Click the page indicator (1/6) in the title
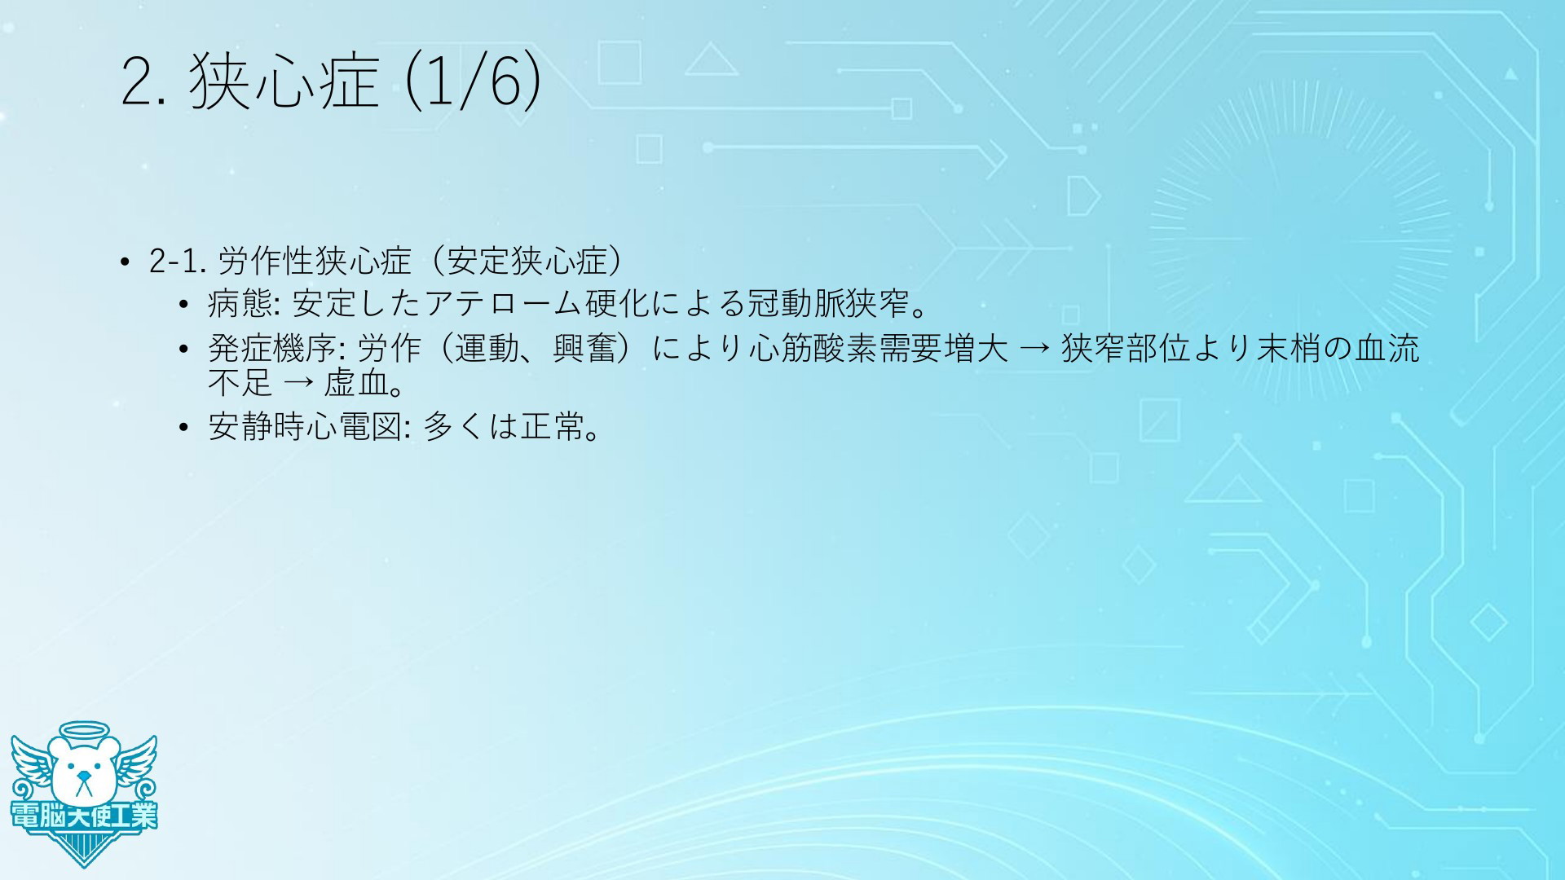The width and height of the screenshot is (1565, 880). click(x=473, y=81)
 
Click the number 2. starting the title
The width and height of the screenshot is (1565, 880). click(x=143, y=83)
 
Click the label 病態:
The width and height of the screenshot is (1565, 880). click(x=244, y=304)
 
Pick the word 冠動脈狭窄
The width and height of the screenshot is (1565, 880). click(x=828, y=304)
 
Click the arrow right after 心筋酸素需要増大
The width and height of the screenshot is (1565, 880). click(x=1034, y=350)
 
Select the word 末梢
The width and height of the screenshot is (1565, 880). click(x=1288, y=349)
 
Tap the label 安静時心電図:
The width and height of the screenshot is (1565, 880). click(x=309, y=426)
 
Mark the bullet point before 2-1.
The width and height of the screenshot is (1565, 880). click(x=124, y=262)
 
